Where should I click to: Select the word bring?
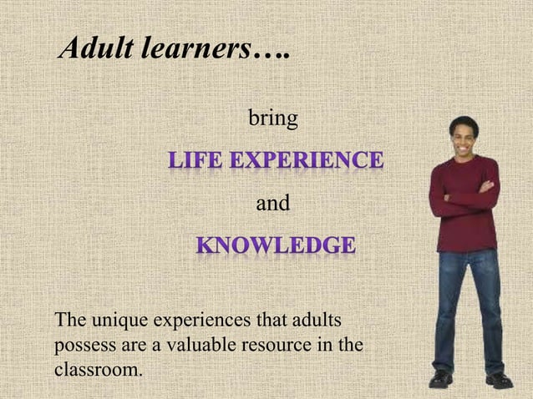(273, 119)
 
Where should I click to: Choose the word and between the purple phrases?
(272, 203)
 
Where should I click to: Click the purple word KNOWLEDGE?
(276, 246)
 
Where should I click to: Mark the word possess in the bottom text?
(83, 343)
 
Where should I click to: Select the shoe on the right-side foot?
(499, 380)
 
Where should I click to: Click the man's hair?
(464, 121)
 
